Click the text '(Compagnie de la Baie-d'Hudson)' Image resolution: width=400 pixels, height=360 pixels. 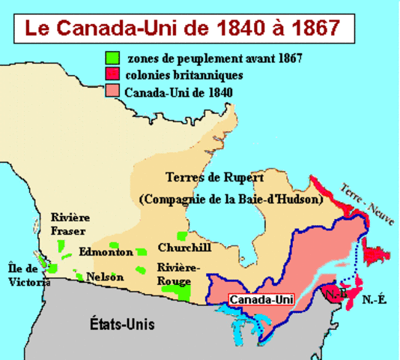[x=231, y=200]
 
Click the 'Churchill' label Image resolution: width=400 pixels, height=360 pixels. [x=184, y=247]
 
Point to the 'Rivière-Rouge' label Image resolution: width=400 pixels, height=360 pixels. [x=179, y=273]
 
